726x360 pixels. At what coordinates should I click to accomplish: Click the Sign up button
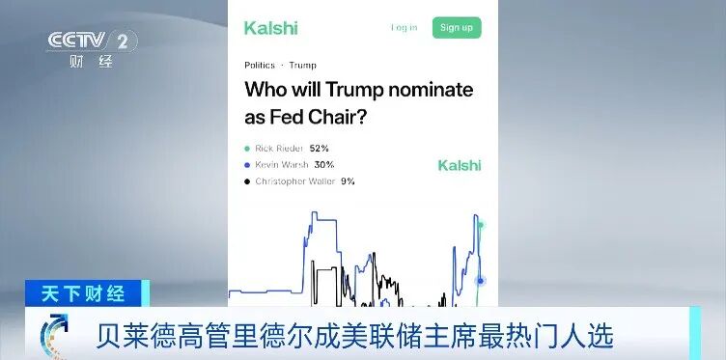tap(456, 27)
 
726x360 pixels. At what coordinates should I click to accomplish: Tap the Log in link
tap(404, 27)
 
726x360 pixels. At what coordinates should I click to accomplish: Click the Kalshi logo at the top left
tap(271, 27)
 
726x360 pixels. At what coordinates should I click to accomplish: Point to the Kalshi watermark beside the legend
tap(459, 165)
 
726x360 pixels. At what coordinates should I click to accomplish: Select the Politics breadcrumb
tap(260, 66)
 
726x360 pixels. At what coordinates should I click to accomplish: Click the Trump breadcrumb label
tap(302, 66)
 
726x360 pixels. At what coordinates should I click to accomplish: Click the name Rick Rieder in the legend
tap(279, 149)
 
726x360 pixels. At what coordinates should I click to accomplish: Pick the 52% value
tap(320, 149)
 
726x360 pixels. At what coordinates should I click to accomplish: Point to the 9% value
tap(347, 181)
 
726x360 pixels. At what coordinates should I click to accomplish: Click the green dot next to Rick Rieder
tap(247, 149)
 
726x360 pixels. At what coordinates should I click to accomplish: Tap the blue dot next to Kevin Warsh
tap(247, 165)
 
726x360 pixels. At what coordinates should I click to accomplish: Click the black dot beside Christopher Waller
tap(247, 181)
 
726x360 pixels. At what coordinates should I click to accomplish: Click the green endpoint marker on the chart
tap(480, 226)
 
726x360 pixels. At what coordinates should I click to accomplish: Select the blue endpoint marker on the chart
tap(480, 281)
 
